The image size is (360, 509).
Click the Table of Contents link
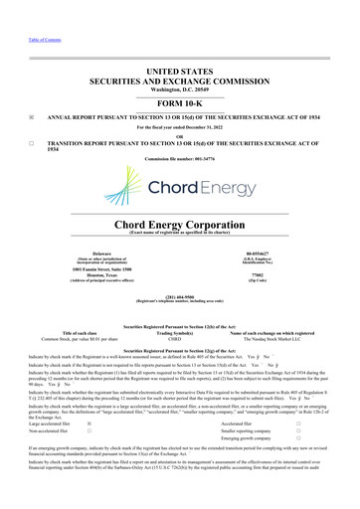point(23,12)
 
